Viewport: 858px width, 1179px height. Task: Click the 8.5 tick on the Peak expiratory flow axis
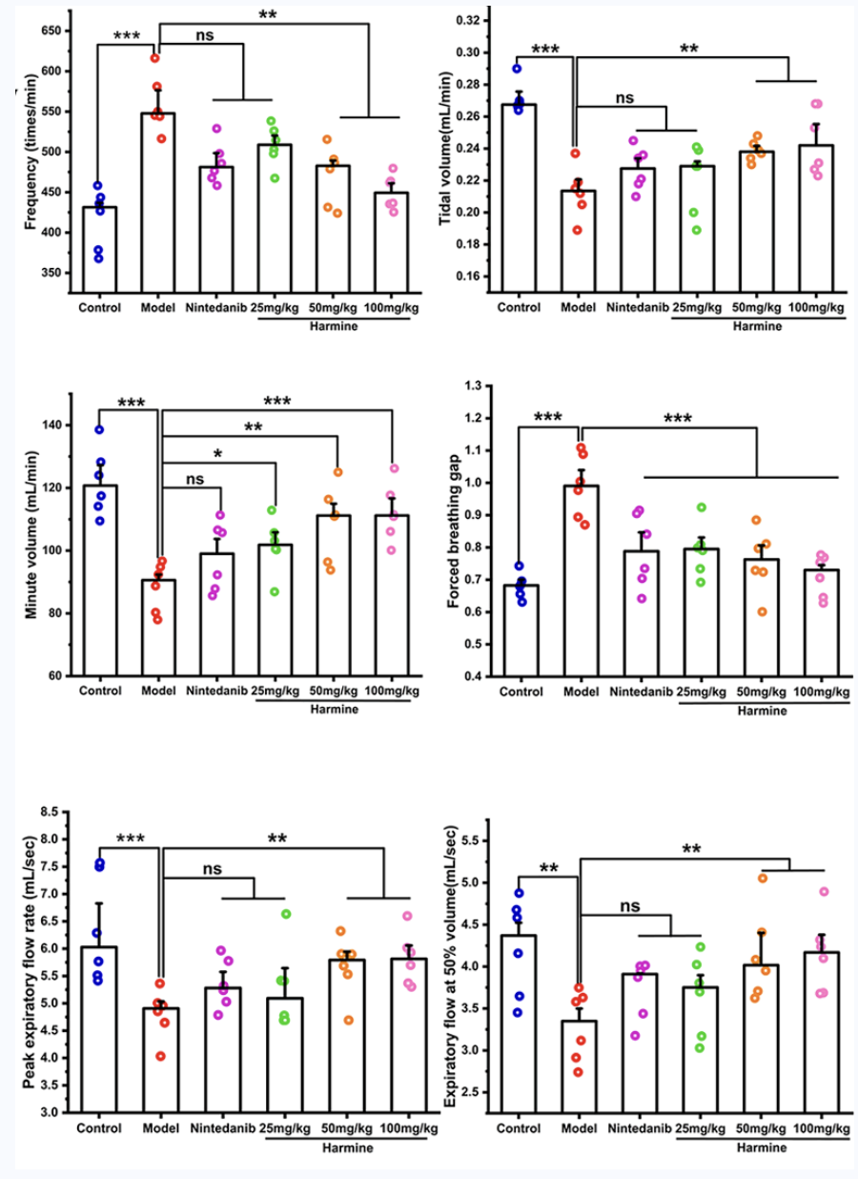[48, 812]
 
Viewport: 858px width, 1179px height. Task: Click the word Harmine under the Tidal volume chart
[760, 325]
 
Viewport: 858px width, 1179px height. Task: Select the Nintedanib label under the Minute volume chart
[216, 691]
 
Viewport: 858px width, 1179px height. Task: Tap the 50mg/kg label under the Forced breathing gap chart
[760, 691]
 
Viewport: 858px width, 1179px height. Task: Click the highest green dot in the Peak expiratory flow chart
[285, 914]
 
